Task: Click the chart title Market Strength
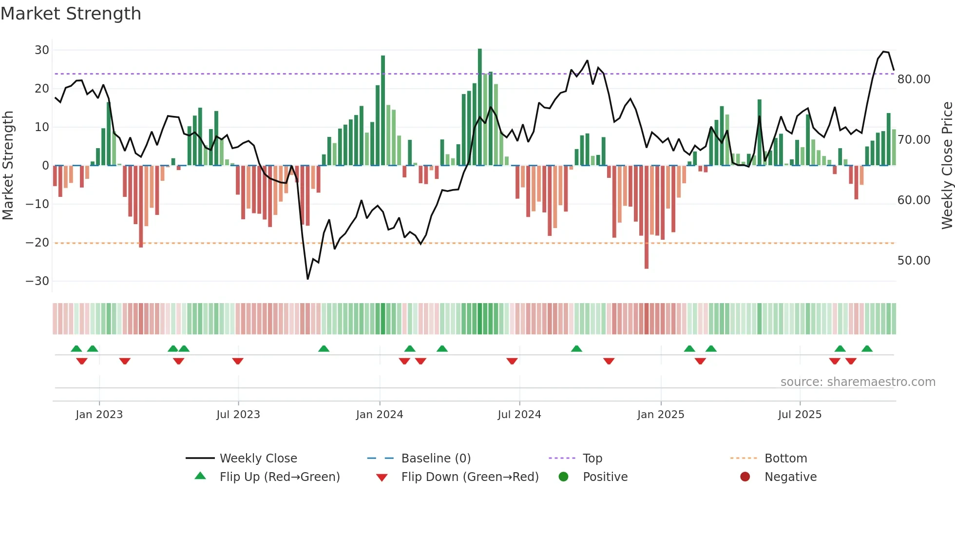71,14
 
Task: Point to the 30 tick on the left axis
42,50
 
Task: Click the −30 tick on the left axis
38,281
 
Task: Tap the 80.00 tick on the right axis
914,79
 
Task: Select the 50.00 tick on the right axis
914,261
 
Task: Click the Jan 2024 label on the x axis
379,415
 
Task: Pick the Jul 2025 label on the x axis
800,415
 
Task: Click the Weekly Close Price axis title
947,166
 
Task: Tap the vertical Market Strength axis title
8,166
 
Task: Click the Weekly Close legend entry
258,459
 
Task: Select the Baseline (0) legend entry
436,459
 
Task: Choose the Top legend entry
592,459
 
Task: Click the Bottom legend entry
785,459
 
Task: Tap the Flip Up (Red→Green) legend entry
279,477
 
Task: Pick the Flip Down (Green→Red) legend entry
470,477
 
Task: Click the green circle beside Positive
563,477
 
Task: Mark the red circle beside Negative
745,477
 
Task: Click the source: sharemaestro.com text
858,382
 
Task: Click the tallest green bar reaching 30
480,107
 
